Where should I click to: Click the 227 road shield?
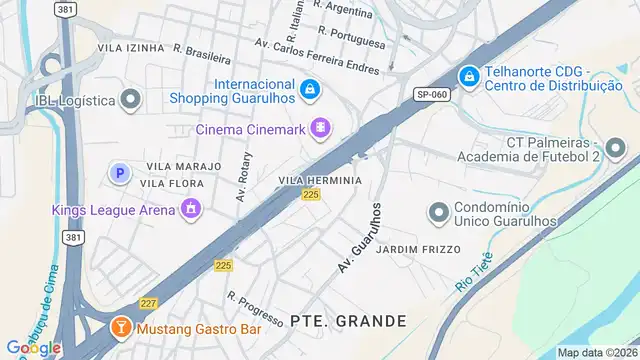149,303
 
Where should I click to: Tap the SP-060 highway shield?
431,94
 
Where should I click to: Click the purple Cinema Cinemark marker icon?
320,127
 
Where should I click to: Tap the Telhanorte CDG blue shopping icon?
468,76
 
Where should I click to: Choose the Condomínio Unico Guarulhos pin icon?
437,213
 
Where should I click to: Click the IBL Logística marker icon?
130,99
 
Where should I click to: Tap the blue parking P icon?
119,173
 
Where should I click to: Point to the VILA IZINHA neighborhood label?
130,47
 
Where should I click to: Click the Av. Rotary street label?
242,177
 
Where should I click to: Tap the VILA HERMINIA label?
319,180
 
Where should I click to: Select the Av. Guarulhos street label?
361,239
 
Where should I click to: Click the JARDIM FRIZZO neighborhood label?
418,249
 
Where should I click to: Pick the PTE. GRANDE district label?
348,321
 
